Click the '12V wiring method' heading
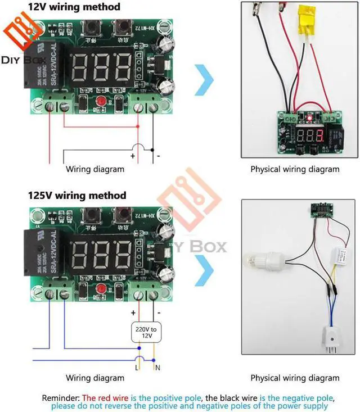[74, 7]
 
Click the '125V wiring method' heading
[77, 196]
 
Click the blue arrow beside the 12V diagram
[203, 79]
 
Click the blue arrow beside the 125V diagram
[203, 268]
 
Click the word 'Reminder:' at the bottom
[62, 398]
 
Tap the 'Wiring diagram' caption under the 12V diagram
[96, 169]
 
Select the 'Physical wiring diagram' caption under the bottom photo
[295, 378]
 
